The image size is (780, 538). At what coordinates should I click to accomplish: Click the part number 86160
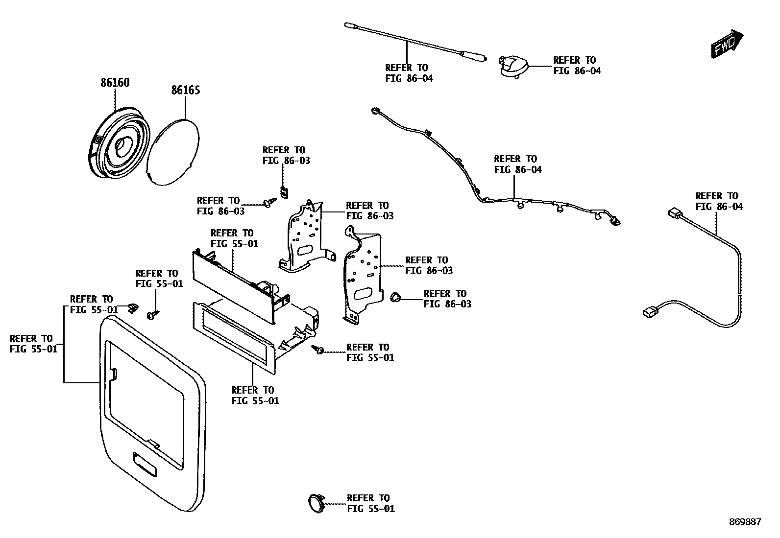click(115, 83)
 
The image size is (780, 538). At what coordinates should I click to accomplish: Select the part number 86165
click(185, 91)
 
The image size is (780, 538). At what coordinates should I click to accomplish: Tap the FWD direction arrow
click(727, 45)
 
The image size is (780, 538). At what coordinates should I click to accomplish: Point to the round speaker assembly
click(118, 144)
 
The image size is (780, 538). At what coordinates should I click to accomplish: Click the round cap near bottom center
click(316, 503)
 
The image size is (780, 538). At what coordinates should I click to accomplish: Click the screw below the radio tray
click(317, 349)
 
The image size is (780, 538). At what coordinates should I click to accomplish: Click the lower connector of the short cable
click(650, 311)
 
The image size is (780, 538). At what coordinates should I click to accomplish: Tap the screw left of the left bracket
click(269, 202)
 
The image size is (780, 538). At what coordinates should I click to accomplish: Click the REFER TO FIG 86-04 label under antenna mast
click(409, 73)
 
